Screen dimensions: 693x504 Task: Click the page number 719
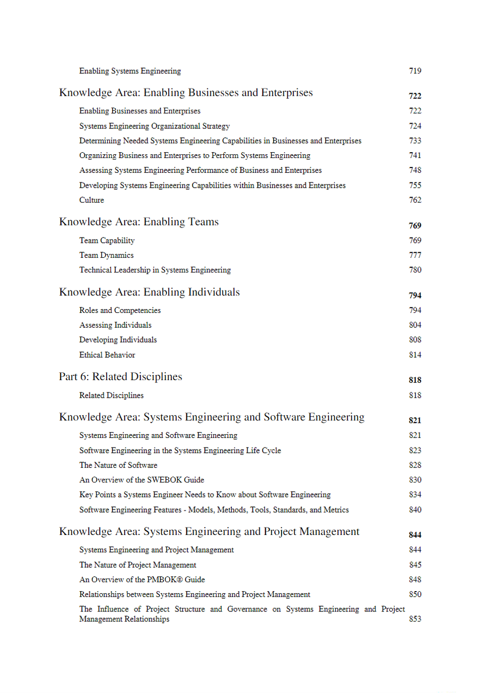pyautogui.click(x=415, y=71)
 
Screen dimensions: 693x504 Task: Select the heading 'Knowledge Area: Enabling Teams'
pyautogui.click(x=138, y=222)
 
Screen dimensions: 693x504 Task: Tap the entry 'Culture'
pyautogui.click(x=91, y=200)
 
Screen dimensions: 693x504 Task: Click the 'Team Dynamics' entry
pyautogui.click(x=106, y=255)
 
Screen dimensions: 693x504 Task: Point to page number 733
pyautogui.click(x=415, y=141)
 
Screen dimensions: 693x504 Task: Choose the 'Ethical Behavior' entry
pyautogui.click(x=107, y=355)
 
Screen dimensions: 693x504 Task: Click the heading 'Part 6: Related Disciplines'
pyautogui.click(x=120, y=376)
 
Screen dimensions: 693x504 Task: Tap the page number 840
pyautogui.click(x=415, y=510)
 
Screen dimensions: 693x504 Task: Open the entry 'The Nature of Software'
pyautogui.click(x=118, y=465)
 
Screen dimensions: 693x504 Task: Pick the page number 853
pyautogui.click(x=415, y=619)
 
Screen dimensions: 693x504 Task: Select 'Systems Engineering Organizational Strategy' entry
pyautogui.click(x=154, y=126)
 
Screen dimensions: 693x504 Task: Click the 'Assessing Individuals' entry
pyautogui.click(x=115, y=325)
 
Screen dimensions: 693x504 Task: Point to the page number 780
pyautogui.click(x=415, y=270)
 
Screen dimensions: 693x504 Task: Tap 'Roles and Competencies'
pyautogui.click(x=120, y=310)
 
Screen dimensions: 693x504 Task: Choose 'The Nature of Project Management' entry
pyautogui.click(x=137, y=565)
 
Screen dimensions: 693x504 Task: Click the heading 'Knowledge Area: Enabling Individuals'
pyautogui.click(x=149, y=292)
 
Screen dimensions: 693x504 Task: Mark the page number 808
pyautogui.click(x=415, y=340)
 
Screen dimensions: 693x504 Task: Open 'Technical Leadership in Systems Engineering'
pyautogui.click(x=155, y=270)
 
